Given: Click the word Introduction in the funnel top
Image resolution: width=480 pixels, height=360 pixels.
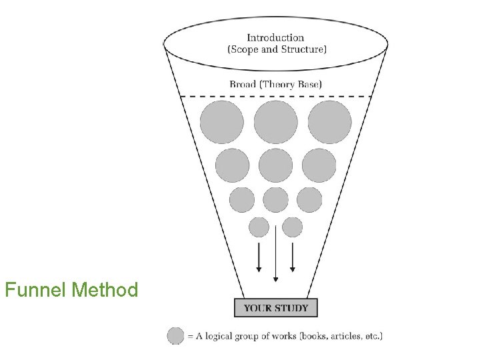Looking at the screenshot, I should (275, 38).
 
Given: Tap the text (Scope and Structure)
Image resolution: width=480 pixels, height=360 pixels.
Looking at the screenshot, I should (277, 49).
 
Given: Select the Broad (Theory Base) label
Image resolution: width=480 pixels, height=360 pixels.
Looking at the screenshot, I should (275, 84).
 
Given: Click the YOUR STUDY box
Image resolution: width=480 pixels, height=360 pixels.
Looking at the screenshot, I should (276, 308).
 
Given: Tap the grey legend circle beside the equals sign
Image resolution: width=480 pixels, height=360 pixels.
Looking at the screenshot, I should (176, 336).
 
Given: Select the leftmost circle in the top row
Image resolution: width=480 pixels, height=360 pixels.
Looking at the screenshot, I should (222, 122).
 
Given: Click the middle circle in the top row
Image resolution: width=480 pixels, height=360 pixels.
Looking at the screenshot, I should (276, 122).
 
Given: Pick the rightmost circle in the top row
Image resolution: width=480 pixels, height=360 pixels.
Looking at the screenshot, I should (329, 122).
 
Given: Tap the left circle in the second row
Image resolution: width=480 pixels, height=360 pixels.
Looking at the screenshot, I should (233, 165).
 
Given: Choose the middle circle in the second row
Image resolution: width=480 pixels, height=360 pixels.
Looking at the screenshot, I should (276, 165).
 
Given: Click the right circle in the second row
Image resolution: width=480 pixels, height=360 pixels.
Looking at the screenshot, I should (319, 165).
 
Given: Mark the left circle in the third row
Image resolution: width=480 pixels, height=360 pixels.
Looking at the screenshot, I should (242, 199).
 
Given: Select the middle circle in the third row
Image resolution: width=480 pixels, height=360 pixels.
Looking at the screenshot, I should (276, 199).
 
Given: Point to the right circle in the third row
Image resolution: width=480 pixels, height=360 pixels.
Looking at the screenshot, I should (309, 199).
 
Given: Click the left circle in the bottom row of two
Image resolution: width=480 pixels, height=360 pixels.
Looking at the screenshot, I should (259, 227).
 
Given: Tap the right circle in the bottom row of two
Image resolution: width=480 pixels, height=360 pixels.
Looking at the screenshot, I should (292, 227).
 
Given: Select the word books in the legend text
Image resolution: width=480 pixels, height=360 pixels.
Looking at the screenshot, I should (309, 337).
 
